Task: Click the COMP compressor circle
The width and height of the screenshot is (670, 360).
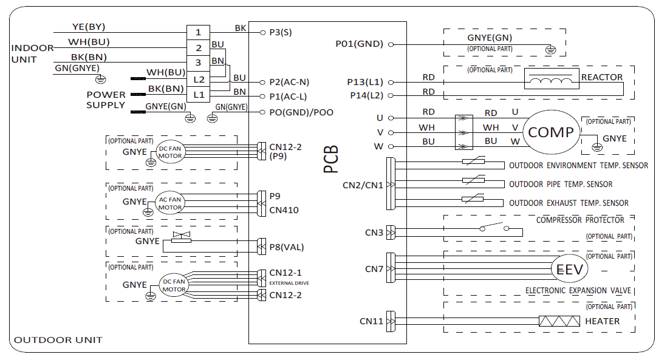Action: click(551, 132)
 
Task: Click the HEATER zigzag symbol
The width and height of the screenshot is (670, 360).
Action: click(558, 321)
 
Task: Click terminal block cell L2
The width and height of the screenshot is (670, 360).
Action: click(199, 79)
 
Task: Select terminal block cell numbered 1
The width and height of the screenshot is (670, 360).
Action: click(199, 32)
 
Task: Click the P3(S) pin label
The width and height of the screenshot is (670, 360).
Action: click(281, 33)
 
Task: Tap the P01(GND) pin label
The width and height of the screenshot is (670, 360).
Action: click(359, 44)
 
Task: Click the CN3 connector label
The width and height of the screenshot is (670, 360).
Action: click(374, 232)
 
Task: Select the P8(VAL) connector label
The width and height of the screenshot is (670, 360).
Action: click(287, 247)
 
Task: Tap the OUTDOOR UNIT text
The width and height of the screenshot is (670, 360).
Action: click(58, 340)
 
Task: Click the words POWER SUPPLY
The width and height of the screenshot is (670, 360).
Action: click(106, 100)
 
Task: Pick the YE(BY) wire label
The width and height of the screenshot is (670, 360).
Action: click(89, 27)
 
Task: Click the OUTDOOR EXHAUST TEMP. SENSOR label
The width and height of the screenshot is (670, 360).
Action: click(569, 203)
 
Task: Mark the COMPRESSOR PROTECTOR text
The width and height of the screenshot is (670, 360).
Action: click(580, 220)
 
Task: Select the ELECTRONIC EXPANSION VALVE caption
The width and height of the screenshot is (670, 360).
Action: click(578, 291)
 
